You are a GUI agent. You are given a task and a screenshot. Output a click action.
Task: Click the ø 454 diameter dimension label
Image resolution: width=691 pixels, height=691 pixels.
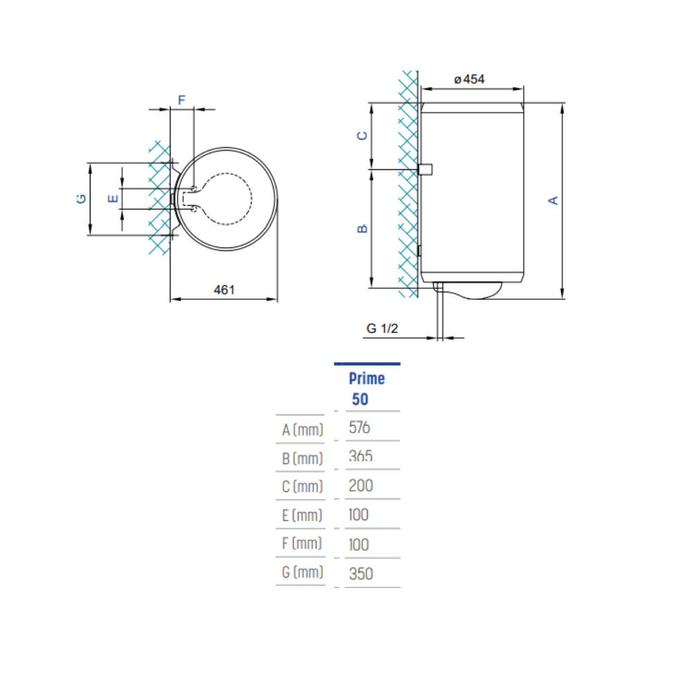(470, 79)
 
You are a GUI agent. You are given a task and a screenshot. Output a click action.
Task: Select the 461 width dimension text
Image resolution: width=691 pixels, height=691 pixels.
(224, 290)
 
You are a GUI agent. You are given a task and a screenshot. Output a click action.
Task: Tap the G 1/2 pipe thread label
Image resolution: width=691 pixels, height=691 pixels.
(382, 329)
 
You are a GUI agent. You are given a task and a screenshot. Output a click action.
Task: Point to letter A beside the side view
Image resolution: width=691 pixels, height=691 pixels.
(553, 200)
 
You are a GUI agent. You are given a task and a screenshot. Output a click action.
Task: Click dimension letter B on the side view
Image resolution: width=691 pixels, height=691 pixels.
(362, 228)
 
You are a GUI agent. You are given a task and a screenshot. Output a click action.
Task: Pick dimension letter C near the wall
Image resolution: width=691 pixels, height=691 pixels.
(362, 135)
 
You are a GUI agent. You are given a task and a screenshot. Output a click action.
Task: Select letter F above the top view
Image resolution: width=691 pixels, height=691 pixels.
(182, 100)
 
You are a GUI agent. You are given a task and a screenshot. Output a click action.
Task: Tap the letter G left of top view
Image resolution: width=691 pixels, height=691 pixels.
(81, 199)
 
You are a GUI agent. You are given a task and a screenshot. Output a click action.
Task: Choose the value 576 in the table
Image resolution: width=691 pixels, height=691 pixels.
(359, 428)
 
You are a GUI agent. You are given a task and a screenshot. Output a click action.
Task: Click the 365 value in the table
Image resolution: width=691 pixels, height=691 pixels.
(360, 457)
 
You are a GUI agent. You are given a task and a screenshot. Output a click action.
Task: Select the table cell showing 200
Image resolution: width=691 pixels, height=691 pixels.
(361, 486)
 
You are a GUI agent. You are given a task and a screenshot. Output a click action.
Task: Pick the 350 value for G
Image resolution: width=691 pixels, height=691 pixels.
(361, 574)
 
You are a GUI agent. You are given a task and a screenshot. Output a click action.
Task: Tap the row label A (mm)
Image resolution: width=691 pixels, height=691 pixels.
(303, 430)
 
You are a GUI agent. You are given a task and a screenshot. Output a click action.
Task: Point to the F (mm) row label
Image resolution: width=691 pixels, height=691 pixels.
(303, 544)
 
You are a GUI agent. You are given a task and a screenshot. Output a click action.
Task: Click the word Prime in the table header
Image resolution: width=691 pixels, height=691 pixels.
(367, 379)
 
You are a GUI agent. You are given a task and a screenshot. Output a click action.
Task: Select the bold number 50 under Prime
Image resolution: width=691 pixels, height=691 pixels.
(360, 399)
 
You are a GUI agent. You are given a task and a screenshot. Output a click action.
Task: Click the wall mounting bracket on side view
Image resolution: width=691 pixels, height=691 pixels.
(426, 169)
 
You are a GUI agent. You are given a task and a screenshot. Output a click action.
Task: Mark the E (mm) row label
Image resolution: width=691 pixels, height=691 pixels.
(303, 515)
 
